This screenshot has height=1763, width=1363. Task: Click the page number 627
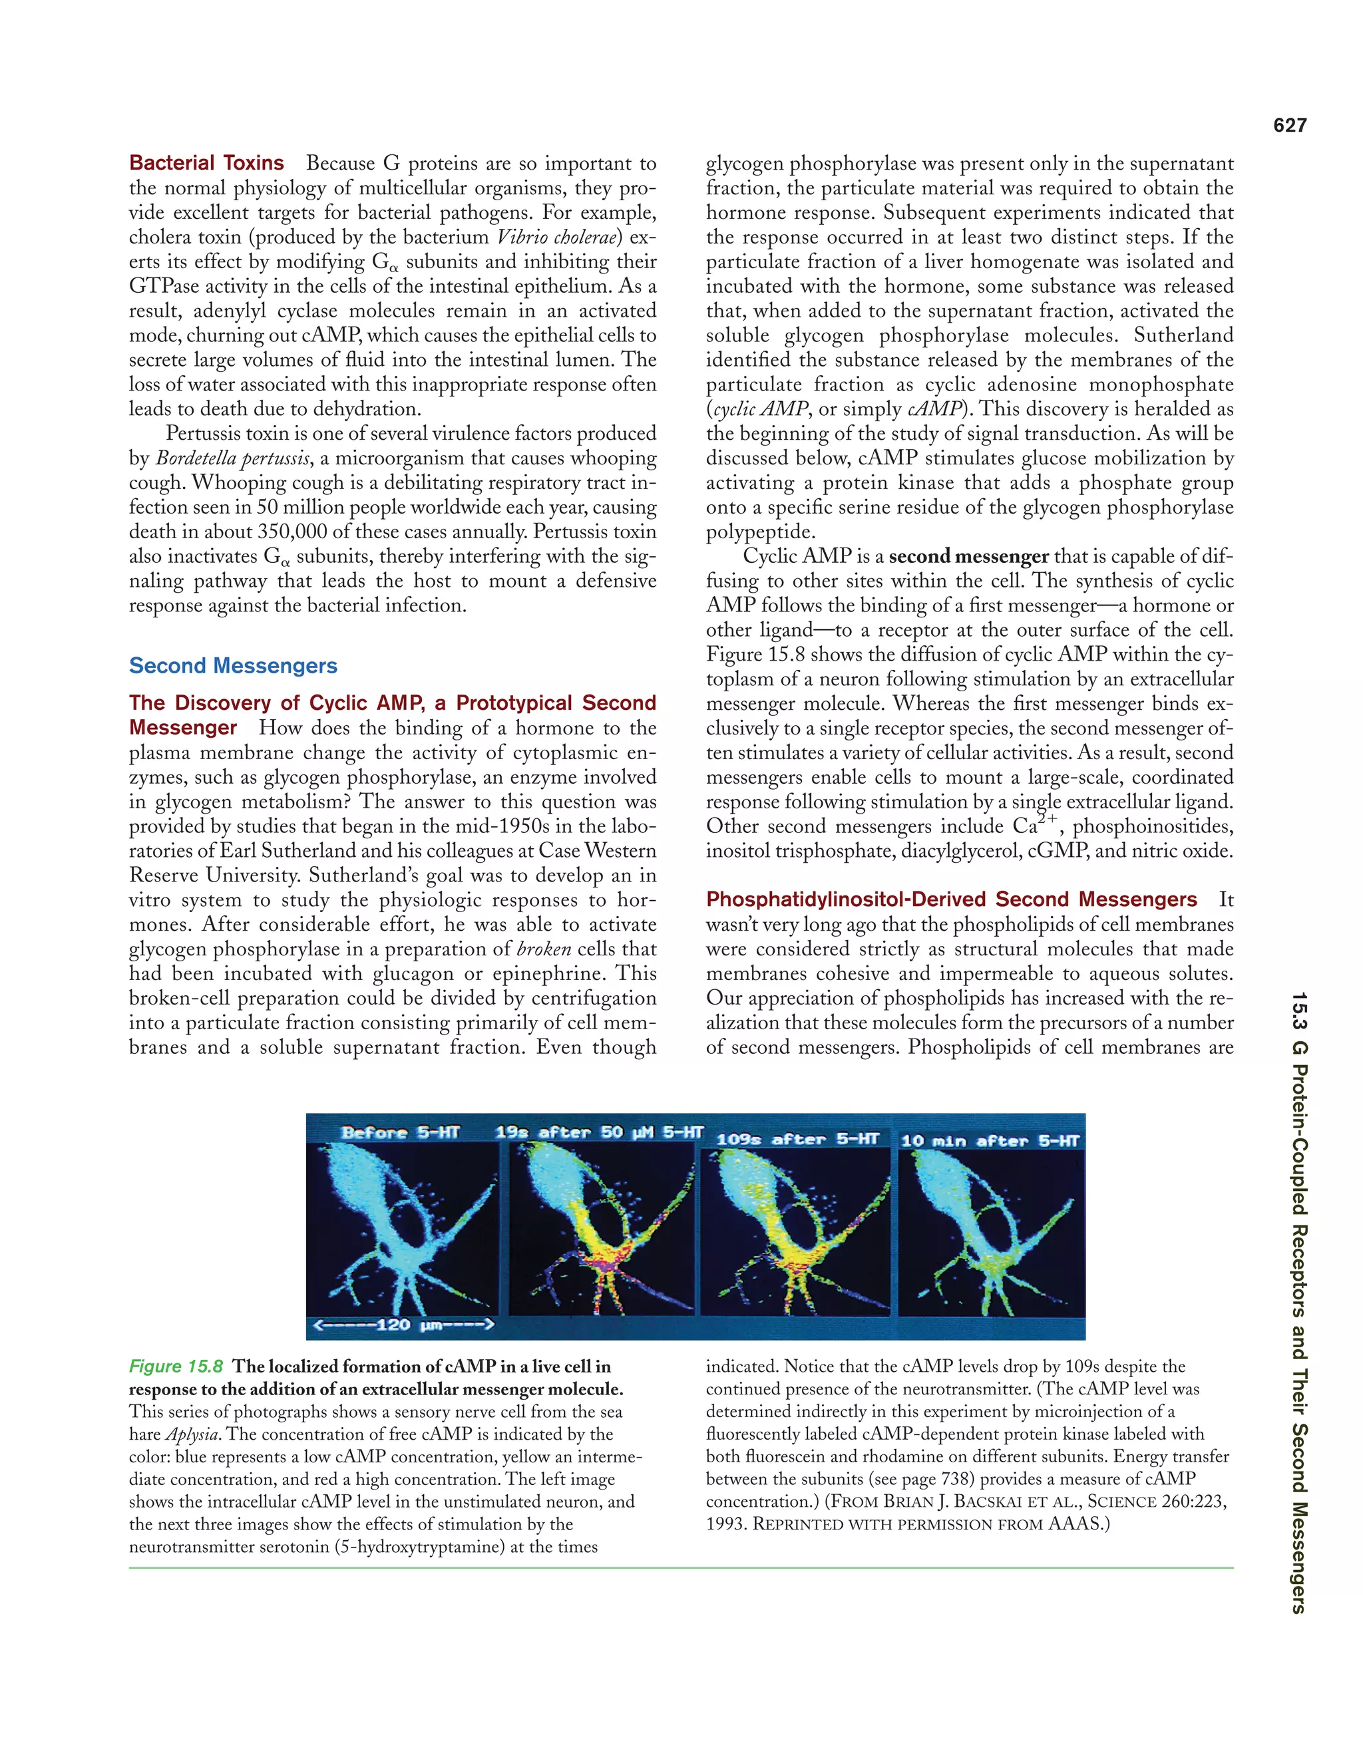(x=1290, y=125)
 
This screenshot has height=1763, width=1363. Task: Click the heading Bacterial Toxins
(x=207, y=163)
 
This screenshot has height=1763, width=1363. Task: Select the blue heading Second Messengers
(x=234, y=666)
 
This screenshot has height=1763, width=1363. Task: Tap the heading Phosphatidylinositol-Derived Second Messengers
(x=951, y=899)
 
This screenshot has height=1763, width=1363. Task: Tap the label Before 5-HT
(x=401, y=1132)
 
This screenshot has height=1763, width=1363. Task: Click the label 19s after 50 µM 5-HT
(x=599, y=1132)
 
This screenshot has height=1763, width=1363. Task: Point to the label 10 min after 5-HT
(x=990, y=1140)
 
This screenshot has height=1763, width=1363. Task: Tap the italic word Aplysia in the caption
(x=193, y=1434)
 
